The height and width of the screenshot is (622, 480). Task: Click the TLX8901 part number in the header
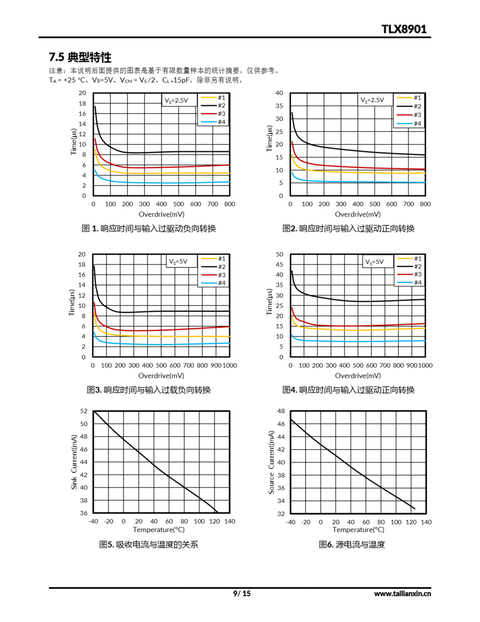[x=404, y=29]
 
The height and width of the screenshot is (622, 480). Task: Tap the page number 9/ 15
[x=242, y=593]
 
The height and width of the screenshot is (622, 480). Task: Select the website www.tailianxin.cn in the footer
[x=402, y=594]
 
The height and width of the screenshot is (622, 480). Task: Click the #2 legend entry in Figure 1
[x=213, y=106]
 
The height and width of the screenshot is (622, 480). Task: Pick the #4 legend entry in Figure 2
[x=409, y=124]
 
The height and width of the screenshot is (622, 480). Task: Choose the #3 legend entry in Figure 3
[x=213, y=275]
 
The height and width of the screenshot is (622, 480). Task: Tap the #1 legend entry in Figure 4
[x=409, y=259]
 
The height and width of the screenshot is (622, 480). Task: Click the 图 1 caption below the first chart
[x=149, y=228]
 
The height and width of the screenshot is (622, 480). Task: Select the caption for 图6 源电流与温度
[x=352, y=544]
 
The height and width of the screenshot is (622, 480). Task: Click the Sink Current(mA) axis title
[x=74, y=462]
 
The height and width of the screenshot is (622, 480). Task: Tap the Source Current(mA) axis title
[x=271, y=462]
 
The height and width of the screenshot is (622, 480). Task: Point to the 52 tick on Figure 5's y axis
[x=84, y=411]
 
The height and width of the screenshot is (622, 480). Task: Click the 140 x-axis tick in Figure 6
[x=426, y=522]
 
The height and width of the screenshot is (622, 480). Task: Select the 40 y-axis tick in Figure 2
[x=279, y=93]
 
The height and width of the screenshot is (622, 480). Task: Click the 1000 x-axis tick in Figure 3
[x=230, y=365]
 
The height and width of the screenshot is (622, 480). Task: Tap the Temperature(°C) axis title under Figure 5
[x=159, y=529]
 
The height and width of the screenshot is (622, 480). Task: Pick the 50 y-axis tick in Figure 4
[x=279, y=254]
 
